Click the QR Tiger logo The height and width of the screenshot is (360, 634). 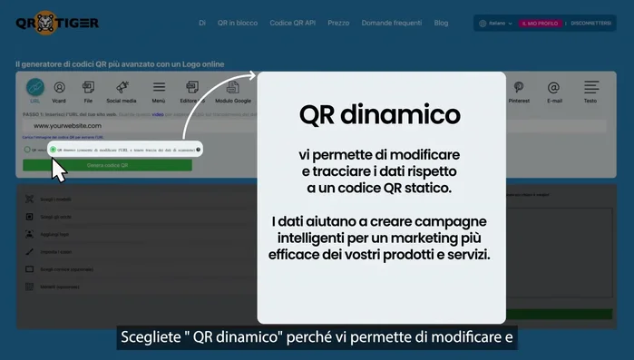tap(57, 23)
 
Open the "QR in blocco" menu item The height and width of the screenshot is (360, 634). tap(238, 23)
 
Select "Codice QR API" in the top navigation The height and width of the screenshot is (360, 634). tap(293, 23)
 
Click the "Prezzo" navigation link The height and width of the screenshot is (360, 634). tap(337, 23)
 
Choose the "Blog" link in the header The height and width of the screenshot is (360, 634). tap(441, 23)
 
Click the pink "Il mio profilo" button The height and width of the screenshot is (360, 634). tap(539, 24)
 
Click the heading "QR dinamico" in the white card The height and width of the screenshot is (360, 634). tap(380, 115)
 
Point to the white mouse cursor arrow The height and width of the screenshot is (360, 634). tap(58, 170)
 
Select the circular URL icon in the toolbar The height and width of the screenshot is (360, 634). tap(34, 89)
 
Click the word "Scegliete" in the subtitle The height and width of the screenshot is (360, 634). tap(151, 338)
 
